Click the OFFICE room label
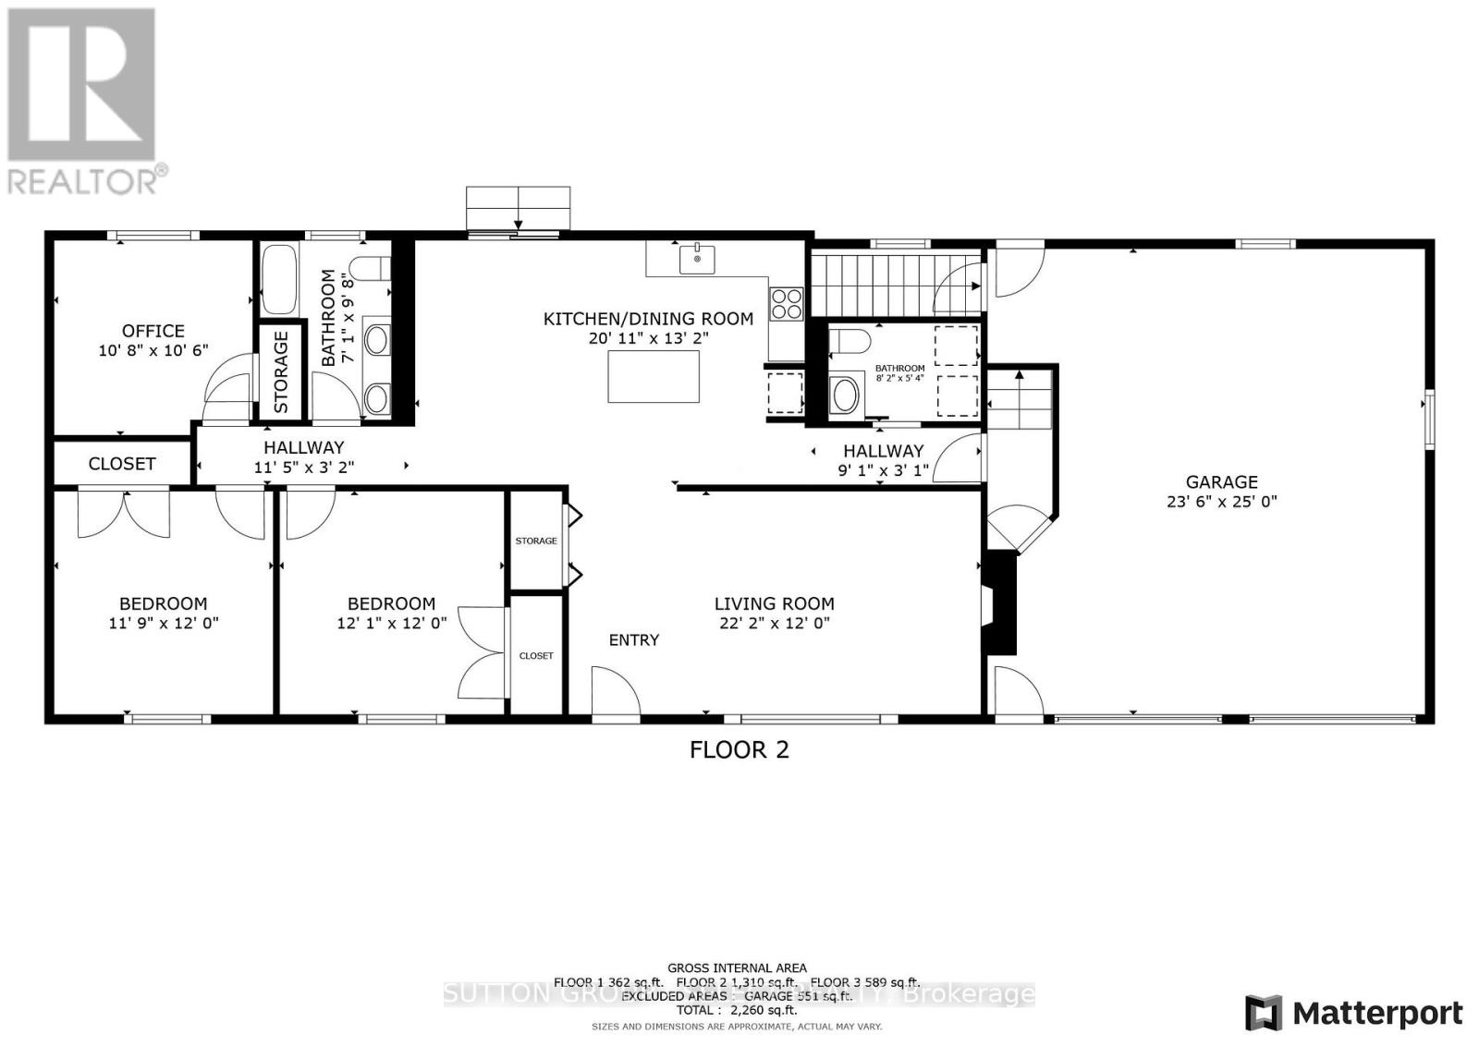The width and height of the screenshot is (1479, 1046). point(153,331)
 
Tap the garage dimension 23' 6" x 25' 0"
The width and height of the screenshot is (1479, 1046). point(1221,502)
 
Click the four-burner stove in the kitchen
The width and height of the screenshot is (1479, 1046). point(787,304)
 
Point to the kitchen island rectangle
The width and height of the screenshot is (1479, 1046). point(653,377)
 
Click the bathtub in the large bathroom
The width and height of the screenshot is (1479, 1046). point(278,279)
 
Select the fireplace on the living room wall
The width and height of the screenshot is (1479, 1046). point(1000,603)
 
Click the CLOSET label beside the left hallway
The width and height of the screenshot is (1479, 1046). point(122,464)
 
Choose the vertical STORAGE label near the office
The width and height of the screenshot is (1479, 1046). point(281,371)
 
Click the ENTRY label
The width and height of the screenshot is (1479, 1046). point(634,639)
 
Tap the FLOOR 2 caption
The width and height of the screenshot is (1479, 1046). point(739,749)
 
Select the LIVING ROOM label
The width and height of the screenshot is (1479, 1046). point(774,604)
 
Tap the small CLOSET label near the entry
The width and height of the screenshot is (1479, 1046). point(536,655)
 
